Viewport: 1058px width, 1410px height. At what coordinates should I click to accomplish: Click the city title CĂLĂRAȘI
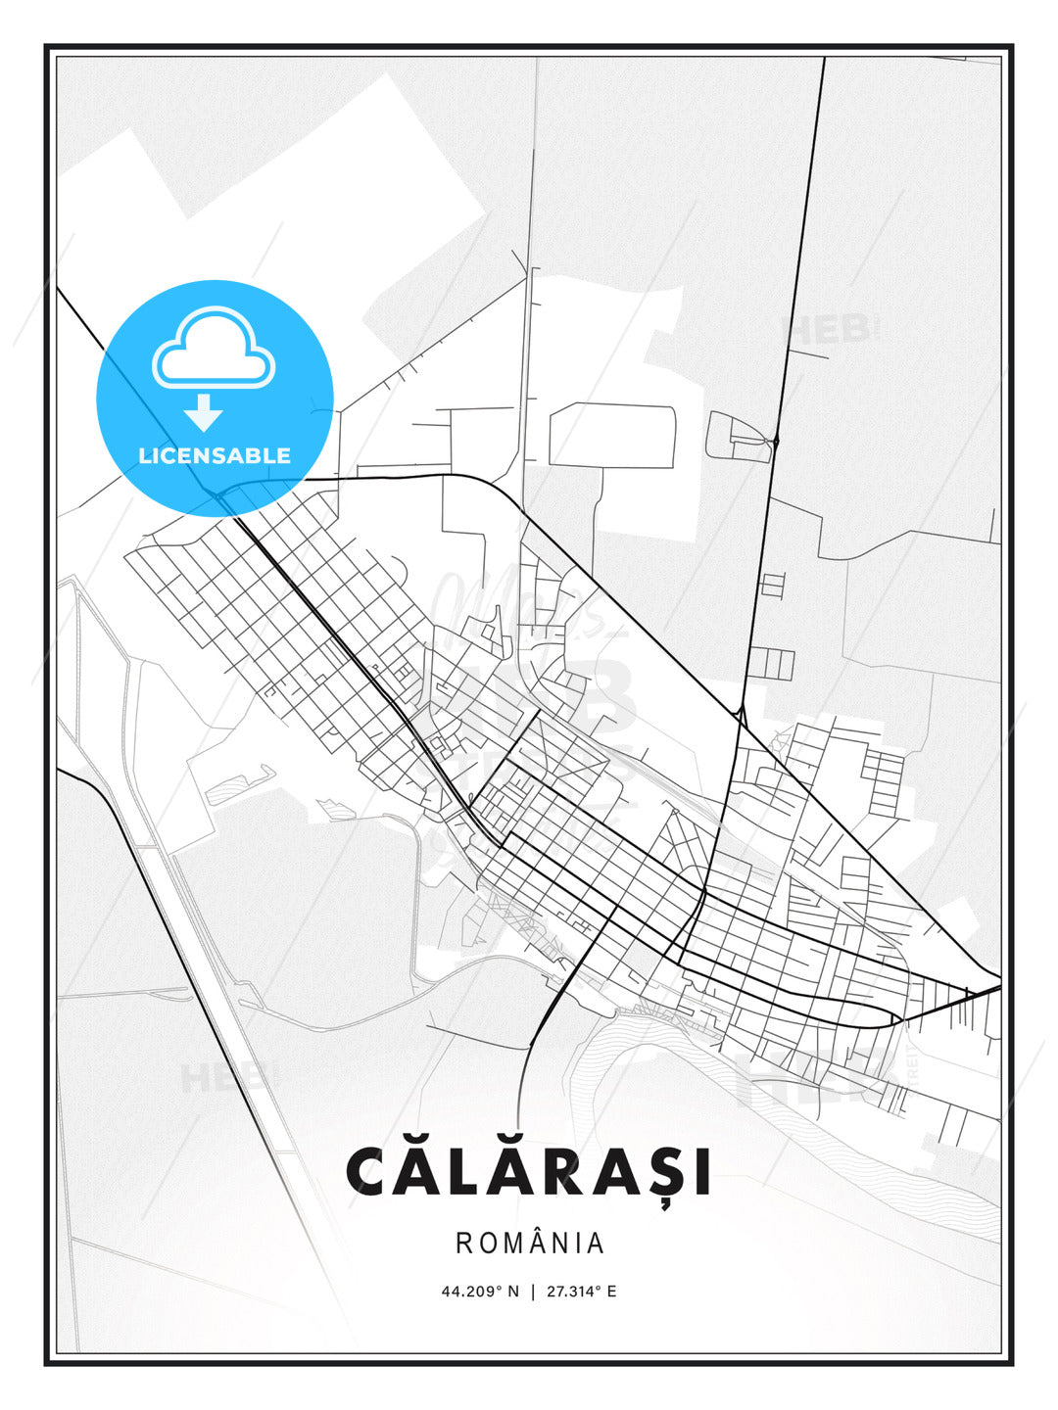click(x=528, y=1171)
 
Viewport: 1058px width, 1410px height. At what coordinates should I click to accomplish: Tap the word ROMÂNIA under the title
click(x=530, y=1244)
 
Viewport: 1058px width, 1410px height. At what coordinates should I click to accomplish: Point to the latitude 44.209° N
click(x=480, y=1292)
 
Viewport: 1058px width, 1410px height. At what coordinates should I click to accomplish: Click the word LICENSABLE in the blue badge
click(x=215, y=455)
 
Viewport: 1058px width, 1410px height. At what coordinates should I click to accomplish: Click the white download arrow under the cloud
click(x=204, y=413)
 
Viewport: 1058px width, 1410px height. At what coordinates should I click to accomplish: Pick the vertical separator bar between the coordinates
click(x=533, y=1292)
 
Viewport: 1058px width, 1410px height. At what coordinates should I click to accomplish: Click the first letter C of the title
click(x=367, y=1172)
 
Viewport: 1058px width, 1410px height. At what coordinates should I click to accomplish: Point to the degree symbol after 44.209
click(x=499, y=1288)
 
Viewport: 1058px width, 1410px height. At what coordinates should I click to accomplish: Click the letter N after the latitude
click(x=513, y=1292)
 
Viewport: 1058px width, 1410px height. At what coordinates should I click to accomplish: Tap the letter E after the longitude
click(x=611, y=1292)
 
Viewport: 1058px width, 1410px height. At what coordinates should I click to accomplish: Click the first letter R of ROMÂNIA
click(x=463, y=1244)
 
